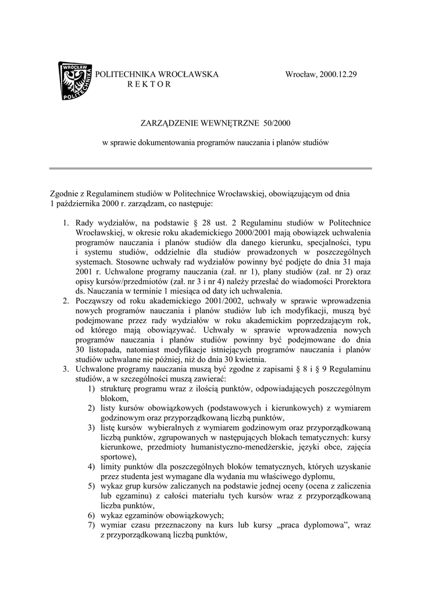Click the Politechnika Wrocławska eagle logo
(75, 81)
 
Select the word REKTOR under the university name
(149, 84)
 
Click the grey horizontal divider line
(210, 169)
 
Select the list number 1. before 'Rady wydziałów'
(66, 223)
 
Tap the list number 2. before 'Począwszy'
(66, 301)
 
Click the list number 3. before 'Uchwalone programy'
(66, 370)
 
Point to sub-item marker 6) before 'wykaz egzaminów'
(91, 516)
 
